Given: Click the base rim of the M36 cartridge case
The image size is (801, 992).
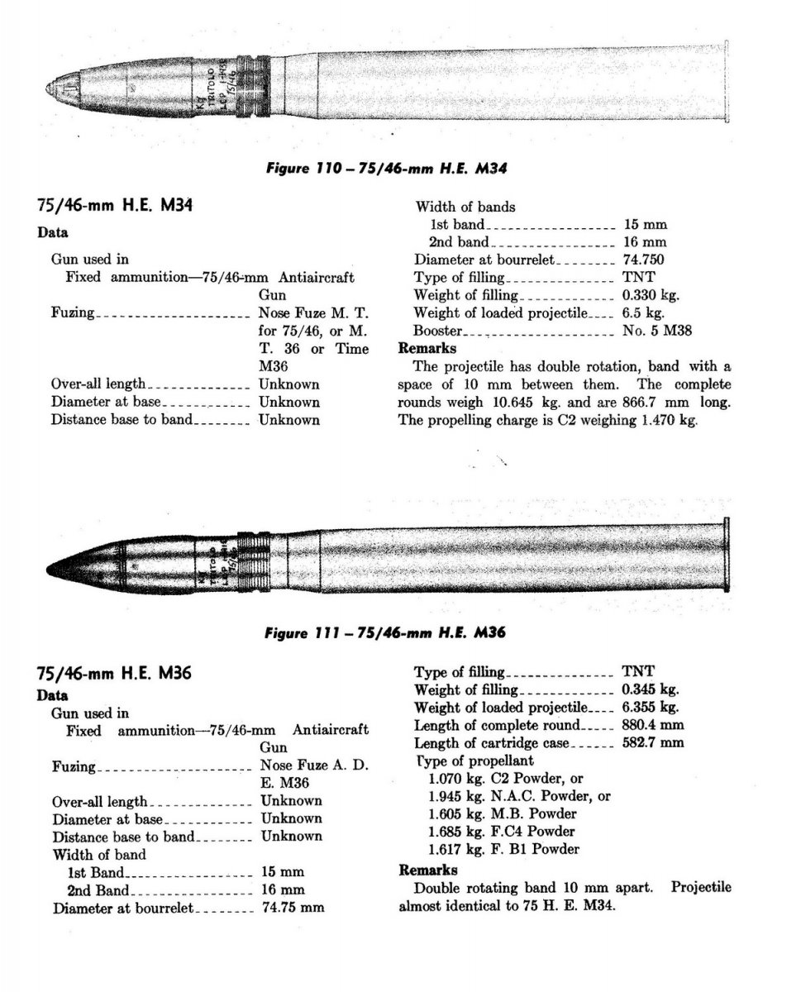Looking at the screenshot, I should click(x=727, y=556).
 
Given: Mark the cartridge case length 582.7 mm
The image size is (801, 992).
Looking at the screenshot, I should click(x=653, y=742).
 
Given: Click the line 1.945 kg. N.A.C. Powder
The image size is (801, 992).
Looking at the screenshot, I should click(x=520, y=796).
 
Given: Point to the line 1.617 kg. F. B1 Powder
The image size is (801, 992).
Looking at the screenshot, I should click(x=504, y=849).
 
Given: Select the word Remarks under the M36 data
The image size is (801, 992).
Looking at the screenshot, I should click(x=428, y=870).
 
